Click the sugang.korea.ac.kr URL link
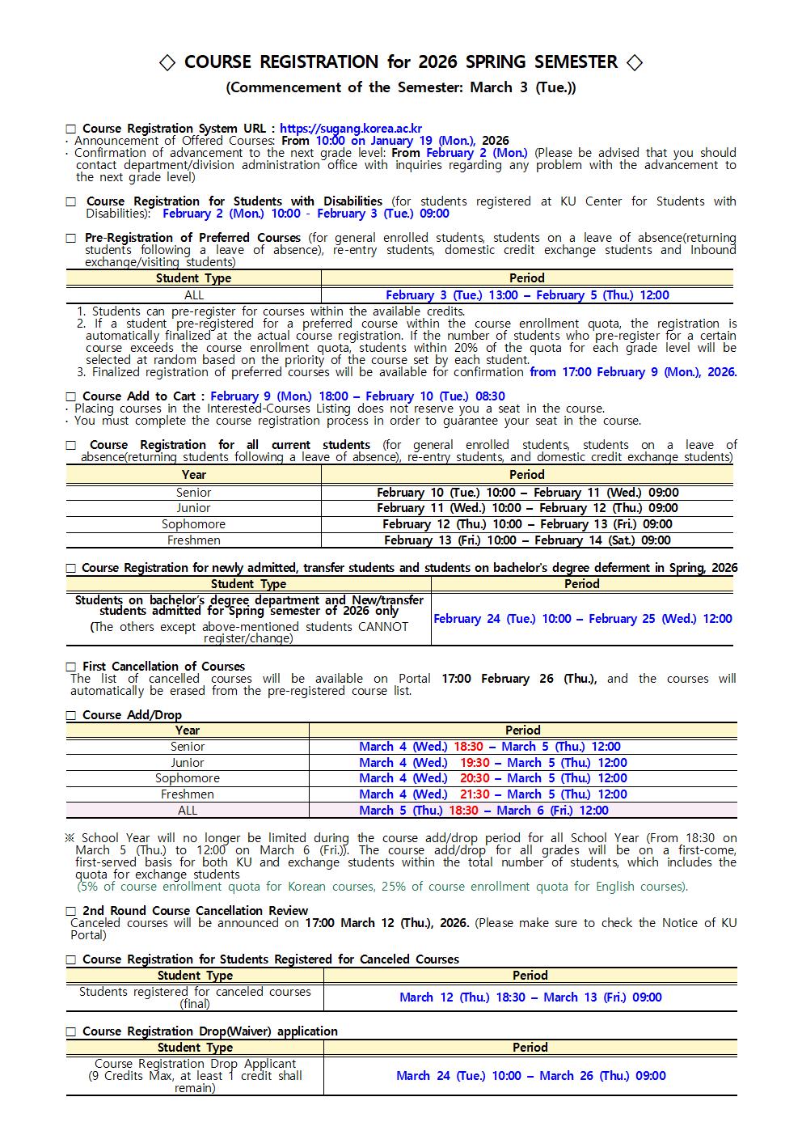click(x=350, y=128)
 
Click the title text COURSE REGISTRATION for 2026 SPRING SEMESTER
click(x=400, y=62)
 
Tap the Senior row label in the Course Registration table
click(x=193, y=492)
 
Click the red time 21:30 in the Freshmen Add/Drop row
click(x=475, y=794)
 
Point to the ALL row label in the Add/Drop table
click(x=187, y=810)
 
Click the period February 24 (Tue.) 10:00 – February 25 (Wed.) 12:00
click(x=582, y=619)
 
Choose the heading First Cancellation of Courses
click(x=163, y=667)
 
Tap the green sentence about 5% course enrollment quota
click(x=382, y=886)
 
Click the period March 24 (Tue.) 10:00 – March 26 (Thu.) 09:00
click(x=530, y=1075)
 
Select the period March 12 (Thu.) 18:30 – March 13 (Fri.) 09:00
click(x=530, y=997)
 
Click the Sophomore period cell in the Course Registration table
click(x=527, y=523)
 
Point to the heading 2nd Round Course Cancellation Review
click(x=195, y=910)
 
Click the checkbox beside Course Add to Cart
click(x=71, y=396)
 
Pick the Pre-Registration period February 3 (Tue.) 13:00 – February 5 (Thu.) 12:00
click(x=527, y=295)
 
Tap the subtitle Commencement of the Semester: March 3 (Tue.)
click(x=400, y=87)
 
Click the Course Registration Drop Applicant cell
click(x=195, y=1075)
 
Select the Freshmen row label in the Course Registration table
click(x=193, y=540)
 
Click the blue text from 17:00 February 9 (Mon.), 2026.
click(x=633, y=372)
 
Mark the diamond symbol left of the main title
click(x=167, y=63)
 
